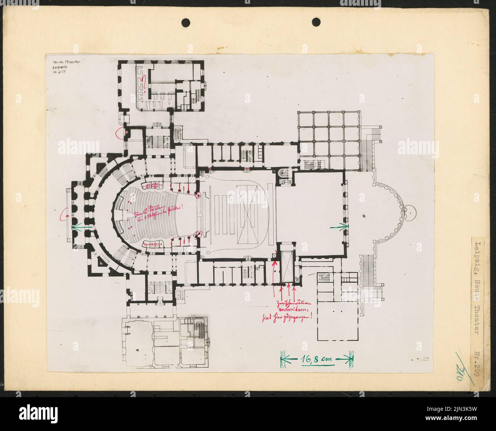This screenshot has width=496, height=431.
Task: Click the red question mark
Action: [x=145, y=82]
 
